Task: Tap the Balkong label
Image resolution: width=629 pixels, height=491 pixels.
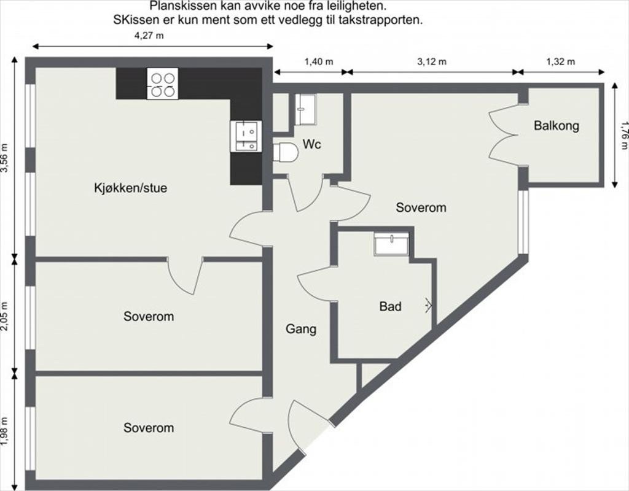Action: (x=557, y=126)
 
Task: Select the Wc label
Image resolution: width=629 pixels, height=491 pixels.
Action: (x=311, y=145)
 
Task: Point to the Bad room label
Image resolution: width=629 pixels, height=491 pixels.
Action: (x=390, y=306)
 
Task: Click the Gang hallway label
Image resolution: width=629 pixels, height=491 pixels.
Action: (x=301, y=329)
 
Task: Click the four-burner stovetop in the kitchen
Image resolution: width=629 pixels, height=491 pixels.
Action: (x=162, y=84)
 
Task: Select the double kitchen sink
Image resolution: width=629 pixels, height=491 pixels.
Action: (x=246, y=136)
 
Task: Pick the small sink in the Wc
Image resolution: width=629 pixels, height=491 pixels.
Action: (x=305, y=109)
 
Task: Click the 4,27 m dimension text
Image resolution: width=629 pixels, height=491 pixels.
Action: (x=149, y=36)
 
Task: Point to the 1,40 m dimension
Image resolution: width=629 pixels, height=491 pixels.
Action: (x=318, y=61)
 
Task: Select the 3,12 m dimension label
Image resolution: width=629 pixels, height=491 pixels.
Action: (x=432, y=61)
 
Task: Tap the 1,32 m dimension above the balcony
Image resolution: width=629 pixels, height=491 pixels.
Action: (x=560, y=61)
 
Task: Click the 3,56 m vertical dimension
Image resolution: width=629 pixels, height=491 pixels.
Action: (x=6, y=158)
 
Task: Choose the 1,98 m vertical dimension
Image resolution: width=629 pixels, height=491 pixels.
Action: (x=6, y=432)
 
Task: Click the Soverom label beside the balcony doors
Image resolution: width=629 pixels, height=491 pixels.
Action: (x=421, y=207)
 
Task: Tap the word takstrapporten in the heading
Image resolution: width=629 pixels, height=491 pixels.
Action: (x=386, y=20)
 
